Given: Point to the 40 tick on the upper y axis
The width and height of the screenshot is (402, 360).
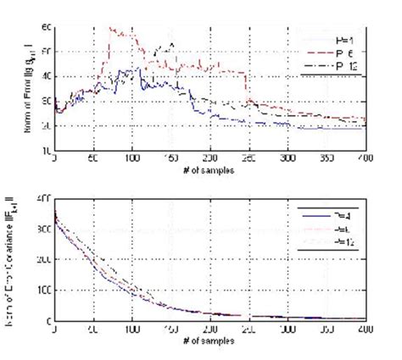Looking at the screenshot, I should [47, 76].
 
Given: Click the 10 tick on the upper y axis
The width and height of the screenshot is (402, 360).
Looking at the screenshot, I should [47, 151].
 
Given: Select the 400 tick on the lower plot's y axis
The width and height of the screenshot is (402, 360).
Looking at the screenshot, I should [44, 197].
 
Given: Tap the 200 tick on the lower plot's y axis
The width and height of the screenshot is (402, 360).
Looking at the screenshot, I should [44, 259].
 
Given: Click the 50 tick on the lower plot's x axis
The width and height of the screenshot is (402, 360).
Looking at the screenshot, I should [93, 329].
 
